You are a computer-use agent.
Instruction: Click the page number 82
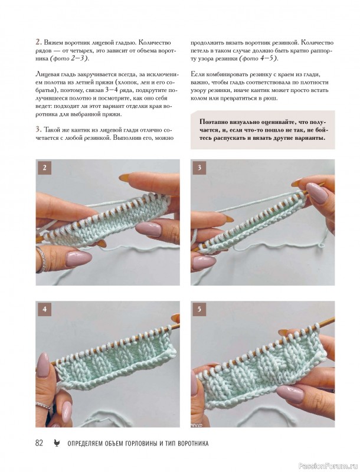39,443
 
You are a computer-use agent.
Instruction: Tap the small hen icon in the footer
56,443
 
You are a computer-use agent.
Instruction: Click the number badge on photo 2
44,168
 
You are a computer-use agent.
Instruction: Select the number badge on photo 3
199,168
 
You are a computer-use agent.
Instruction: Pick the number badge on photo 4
44,309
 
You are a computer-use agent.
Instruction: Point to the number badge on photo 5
199,309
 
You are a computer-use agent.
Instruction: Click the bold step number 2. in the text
38,42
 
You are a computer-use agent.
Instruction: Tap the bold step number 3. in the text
38,130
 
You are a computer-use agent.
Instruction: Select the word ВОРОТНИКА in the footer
193,444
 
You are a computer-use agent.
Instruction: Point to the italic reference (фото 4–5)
258,58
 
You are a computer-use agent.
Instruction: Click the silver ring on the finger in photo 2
42,260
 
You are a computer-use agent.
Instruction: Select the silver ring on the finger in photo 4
43,405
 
